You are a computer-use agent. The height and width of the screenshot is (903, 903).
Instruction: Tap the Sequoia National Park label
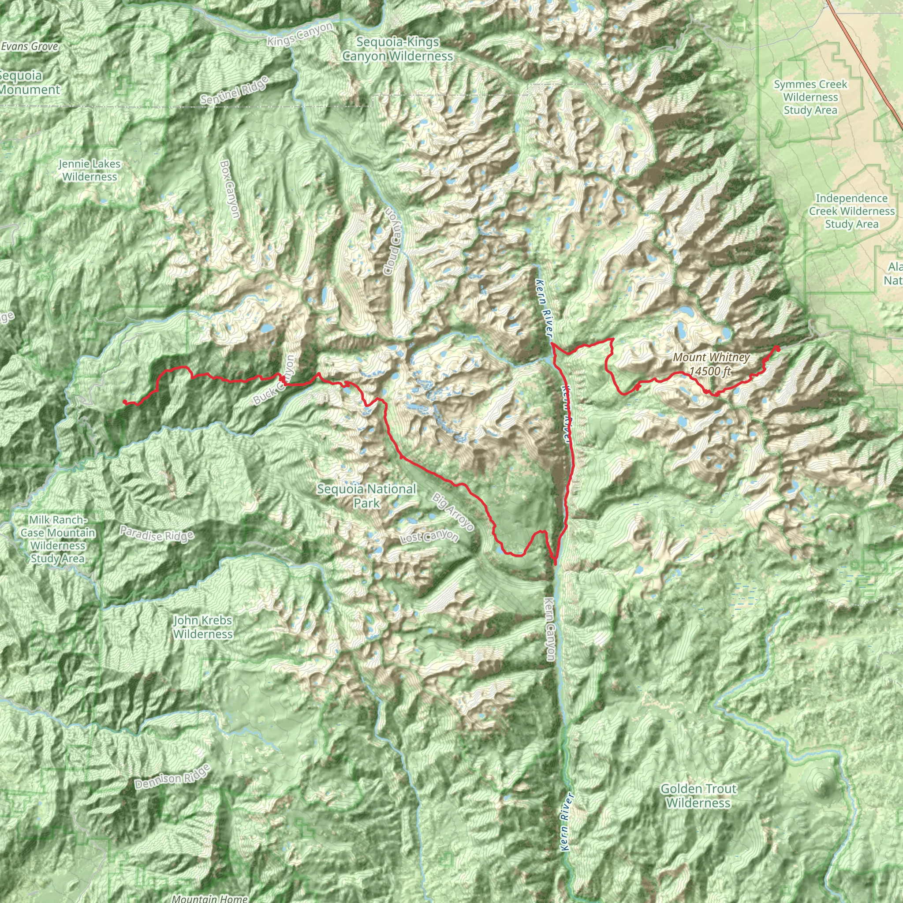(366, 496)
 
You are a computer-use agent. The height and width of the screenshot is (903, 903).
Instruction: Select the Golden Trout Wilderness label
(698, 795)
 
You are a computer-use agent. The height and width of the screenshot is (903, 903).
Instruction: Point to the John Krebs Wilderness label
(203, 627)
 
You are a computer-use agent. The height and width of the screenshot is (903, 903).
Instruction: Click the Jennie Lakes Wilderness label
(89, 170)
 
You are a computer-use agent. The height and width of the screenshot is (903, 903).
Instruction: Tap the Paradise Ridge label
(157, 534)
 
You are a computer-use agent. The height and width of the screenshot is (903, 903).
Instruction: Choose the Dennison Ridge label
(172, 777)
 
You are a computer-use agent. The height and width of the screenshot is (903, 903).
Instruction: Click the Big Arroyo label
(453, 512)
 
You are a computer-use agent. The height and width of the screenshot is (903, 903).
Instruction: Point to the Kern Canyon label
(550, 629)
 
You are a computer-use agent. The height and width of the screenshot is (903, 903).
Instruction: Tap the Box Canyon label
(230, 189)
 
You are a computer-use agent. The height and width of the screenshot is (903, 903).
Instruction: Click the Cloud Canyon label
(392, 241)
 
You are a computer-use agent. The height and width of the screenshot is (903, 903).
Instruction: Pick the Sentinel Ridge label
(235, 90)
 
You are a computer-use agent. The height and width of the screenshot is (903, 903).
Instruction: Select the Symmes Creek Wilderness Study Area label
(810, 97)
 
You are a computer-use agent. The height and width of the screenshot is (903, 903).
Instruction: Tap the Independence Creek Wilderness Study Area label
(851, 211)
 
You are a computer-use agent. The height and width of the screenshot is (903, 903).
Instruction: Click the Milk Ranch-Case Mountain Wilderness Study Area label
(58, 539)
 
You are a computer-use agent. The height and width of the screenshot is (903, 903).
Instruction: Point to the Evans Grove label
(30, 46)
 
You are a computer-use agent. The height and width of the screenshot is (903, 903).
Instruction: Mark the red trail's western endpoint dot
(124, 402)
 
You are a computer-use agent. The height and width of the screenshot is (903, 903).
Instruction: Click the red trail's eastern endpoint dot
(778, 348)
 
